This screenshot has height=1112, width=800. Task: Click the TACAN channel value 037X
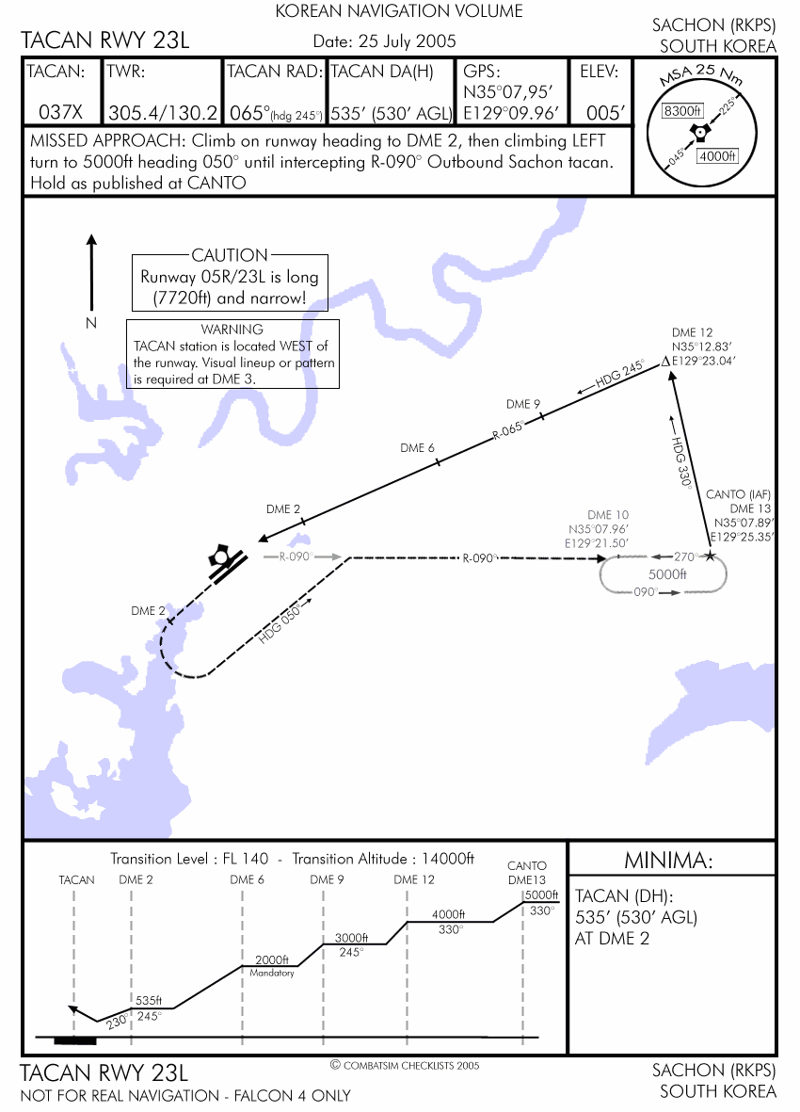[x=61, y=112]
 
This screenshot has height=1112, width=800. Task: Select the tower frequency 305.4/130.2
[x=164, y=112]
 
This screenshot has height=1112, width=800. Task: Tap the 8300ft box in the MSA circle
[x=684, y=111]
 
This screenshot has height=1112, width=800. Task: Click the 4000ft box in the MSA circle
[x=718, y=156]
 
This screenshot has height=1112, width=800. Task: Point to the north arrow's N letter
[x=91, y=323]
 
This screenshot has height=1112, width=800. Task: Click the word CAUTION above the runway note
[x=230, y=255]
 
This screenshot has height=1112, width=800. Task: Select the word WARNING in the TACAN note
[x=232, y=330]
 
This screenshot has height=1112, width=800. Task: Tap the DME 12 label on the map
[x=693, y=332]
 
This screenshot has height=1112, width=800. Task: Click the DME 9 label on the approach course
[x=523, y=404]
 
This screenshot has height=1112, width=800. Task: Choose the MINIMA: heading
[x=669, y=860]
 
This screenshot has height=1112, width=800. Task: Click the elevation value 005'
[x=605, y=112]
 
